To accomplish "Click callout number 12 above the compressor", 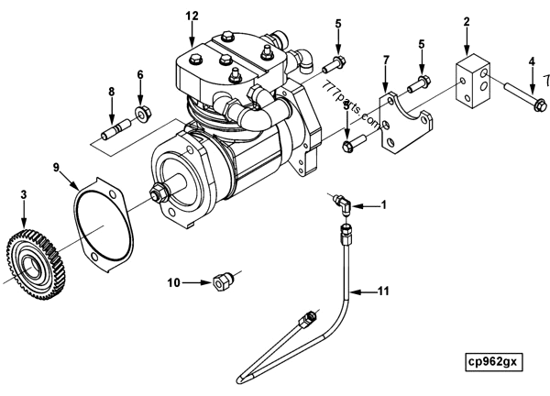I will click(x=191, y=16).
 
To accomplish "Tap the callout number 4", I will click(x=532, y=62).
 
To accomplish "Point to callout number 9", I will click(x=55, y=167).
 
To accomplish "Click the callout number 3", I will click(x=24, y=193).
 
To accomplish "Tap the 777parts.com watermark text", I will click(x=352, y=105).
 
